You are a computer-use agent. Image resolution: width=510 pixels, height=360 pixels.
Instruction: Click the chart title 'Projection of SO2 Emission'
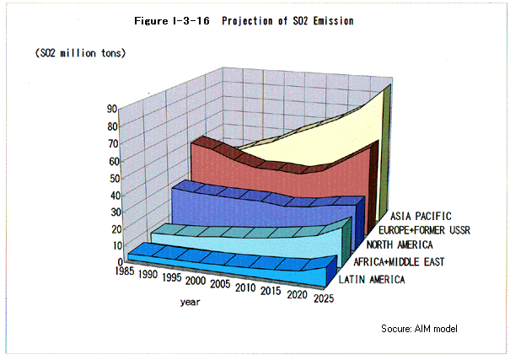coord(287,20)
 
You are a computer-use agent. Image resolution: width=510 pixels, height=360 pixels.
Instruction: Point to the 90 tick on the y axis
coord(111,109)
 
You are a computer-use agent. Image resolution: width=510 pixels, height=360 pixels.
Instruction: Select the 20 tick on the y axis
coord(111,228)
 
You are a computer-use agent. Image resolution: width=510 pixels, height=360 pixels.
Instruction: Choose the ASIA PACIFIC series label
coord(421,216)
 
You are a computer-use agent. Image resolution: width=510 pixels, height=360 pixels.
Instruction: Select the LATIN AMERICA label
coord(370,278)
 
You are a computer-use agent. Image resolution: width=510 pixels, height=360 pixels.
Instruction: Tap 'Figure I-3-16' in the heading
coord(169,20)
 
